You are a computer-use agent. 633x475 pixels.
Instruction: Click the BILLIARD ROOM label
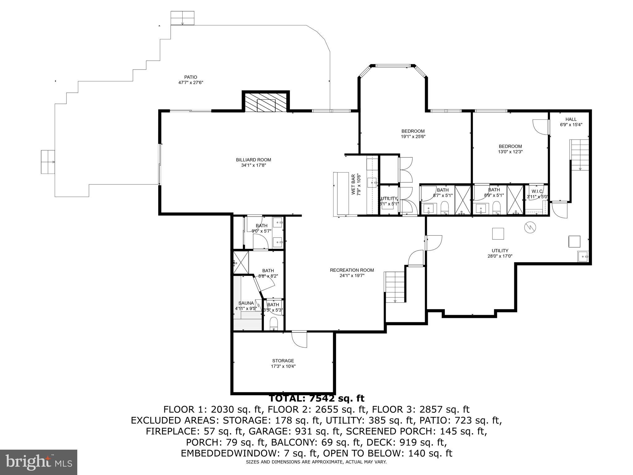click(x=253, y=160)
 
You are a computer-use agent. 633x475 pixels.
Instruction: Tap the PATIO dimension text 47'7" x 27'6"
click(x=190, y=83)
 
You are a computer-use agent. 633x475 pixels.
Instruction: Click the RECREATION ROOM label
click(x=352, y=270)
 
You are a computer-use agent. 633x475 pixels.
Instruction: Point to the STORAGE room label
click(x=283, y=361)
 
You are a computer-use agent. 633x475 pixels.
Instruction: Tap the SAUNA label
click(x=246, y=303)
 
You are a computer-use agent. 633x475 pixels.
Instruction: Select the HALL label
click(x=571, y=119)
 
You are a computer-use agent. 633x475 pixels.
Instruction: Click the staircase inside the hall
click(x=580, y=155)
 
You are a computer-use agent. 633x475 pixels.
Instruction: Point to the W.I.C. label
click(x=537, y=191)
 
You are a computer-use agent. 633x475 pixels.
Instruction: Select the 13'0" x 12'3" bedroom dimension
click(x=510, y=152)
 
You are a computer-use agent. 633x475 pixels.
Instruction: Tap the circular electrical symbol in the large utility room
click(x=530, y=228)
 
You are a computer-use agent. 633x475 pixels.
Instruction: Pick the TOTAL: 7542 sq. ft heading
click(x=316, y=398)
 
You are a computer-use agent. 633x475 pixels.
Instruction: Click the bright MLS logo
click(x=38, y=462)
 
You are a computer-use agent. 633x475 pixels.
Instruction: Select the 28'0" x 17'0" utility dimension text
click(x=500, y=256)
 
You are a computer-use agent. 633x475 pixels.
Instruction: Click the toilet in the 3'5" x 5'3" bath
click(x=274, y=324)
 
